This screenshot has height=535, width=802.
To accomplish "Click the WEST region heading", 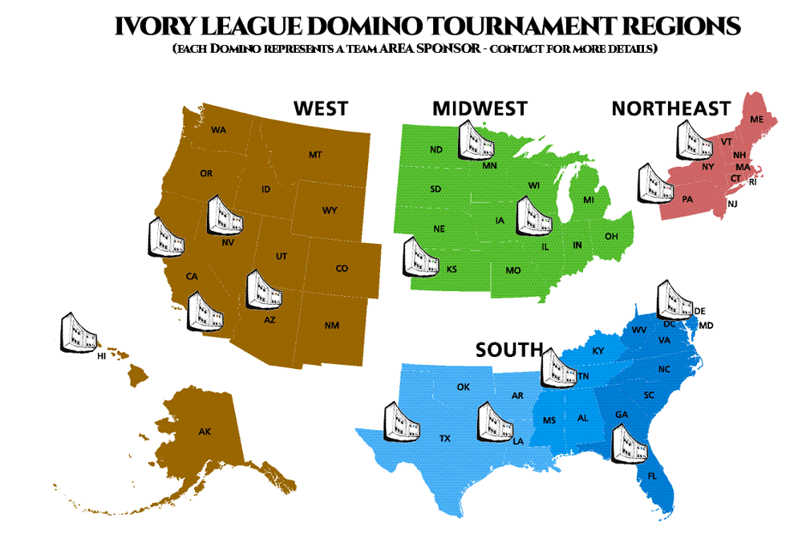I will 320,108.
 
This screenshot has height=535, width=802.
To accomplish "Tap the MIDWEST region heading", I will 480,108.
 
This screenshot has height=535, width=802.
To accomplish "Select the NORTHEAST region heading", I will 670,108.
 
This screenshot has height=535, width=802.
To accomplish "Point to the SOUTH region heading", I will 509,350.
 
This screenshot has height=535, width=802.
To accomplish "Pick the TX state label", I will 444,439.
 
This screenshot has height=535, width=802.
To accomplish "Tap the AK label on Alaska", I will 205,432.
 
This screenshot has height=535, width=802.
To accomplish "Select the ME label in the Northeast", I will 756,120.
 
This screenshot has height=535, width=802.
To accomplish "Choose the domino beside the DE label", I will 674,298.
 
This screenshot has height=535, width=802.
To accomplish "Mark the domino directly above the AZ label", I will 264,289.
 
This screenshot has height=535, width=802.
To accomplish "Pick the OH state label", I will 611,237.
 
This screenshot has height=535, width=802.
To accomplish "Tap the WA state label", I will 218,130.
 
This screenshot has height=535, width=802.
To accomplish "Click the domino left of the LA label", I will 496,422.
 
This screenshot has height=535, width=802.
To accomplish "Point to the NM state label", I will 331,326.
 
